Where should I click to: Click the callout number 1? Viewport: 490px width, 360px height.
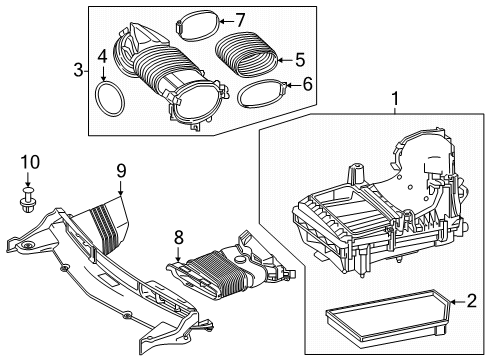(395, 99)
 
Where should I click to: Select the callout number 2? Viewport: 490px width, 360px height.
(471, 301)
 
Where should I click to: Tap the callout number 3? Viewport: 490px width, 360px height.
(78, 70)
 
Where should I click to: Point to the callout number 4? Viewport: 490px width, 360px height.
(103, 57)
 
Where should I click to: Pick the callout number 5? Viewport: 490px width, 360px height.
(300, 60)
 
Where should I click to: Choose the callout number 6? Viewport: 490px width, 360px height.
(307, 85)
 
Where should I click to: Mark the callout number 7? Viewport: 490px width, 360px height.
(240, 21)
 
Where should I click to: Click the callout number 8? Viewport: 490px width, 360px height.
(179, 238)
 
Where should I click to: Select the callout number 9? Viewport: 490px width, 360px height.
(121, 171)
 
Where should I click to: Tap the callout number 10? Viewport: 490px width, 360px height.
(30, 162)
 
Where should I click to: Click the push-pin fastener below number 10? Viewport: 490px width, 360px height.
(28, 199)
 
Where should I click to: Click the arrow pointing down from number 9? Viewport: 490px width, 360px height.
(121, 187)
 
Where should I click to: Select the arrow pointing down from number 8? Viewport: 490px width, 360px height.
(178, 254)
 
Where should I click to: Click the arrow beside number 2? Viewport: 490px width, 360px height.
(457, 302)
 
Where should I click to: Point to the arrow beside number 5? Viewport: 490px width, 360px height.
(285, 60)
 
